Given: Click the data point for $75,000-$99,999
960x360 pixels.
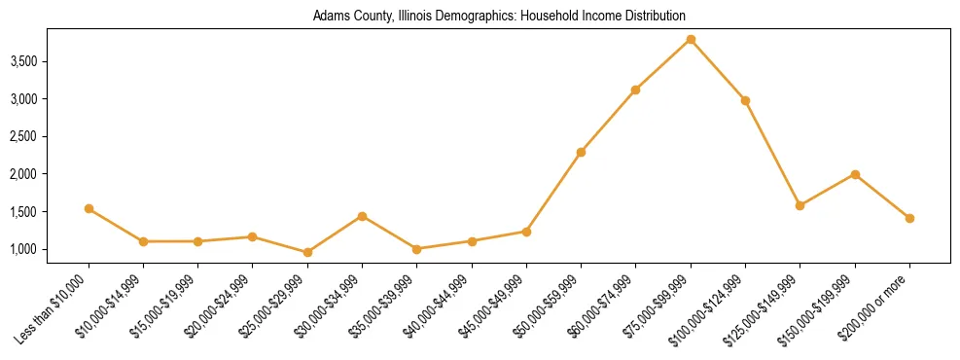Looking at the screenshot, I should [691, 39].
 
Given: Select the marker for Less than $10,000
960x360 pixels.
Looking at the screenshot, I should [89, 208].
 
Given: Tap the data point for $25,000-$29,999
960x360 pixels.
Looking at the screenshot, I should [307, 252].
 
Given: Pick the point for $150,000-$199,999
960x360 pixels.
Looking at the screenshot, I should [855, 174].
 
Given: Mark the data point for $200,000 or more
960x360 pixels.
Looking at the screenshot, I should [909, 218].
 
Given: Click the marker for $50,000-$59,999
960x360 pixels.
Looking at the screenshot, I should [581, 152].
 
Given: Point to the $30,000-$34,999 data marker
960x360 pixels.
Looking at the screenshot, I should [362, 216].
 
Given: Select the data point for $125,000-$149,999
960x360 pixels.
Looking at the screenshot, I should [800, 205].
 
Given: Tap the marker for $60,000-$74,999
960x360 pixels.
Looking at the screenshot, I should [635, 90].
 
